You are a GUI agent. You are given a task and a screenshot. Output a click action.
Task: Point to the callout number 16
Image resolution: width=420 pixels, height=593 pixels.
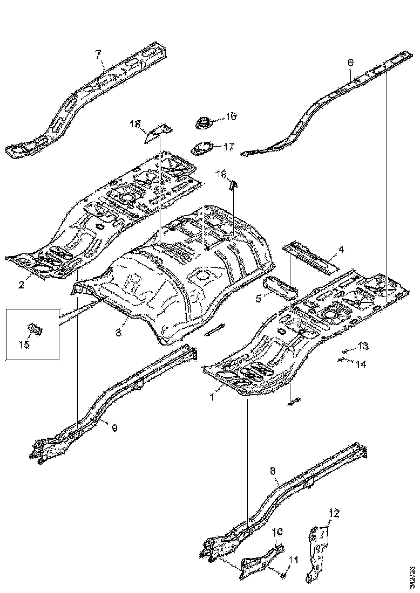pos(231,116)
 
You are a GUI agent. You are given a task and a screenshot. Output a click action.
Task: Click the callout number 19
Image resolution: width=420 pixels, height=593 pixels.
pos(221,174)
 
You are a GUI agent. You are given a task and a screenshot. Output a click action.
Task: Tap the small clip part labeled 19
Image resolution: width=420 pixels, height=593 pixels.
pos(233,184)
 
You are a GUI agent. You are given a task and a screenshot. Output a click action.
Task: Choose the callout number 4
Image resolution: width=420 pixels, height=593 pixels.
pos(341,249)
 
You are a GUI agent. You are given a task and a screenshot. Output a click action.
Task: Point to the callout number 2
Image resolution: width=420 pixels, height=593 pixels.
pos(22,284)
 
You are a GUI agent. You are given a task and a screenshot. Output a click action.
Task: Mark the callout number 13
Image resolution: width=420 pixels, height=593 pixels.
pos(363,345)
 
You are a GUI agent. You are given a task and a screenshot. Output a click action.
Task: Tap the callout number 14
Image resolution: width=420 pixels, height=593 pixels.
pos(361,364)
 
